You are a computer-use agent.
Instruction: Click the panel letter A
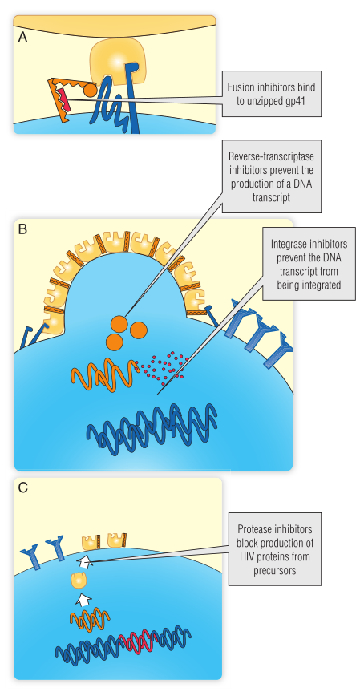22,37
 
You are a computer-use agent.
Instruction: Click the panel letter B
22,229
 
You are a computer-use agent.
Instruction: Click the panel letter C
23,488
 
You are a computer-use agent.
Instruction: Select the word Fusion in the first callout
241,87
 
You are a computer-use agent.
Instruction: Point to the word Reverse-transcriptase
272,156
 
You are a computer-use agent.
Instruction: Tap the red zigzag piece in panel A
63,100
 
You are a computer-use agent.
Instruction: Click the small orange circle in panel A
90,90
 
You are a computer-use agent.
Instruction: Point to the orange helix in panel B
103,376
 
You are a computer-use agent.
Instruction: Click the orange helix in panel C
90,619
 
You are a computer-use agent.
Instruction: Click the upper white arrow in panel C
84,563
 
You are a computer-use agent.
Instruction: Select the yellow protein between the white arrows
79,580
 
